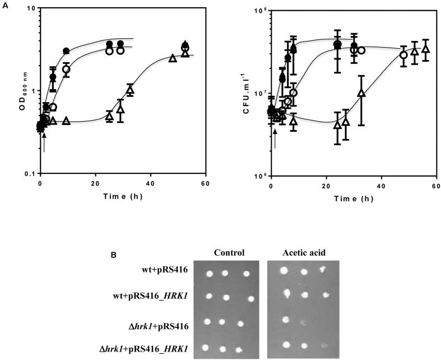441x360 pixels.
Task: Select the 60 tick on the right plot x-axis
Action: coord(435,186)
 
